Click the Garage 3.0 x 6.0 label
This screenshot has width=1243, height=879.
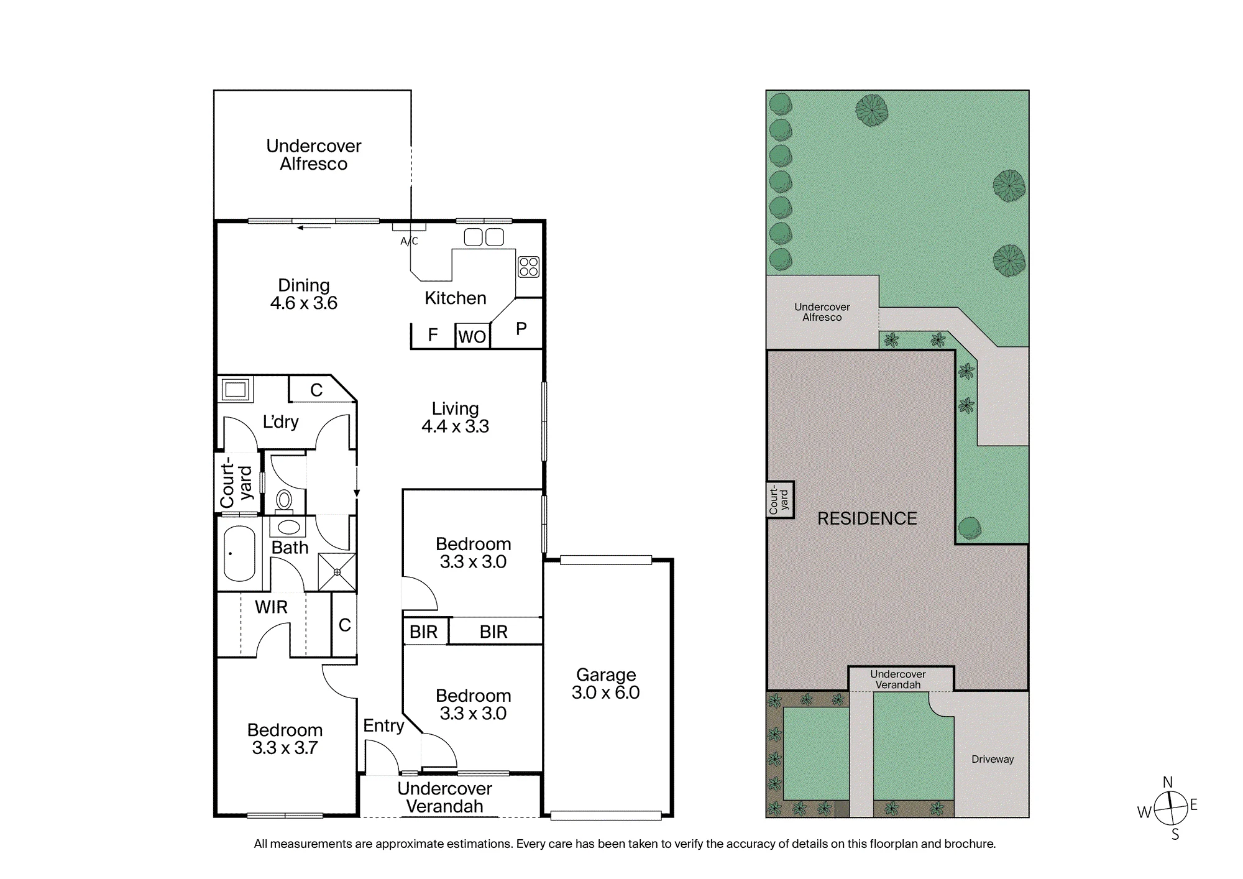pos(606,684)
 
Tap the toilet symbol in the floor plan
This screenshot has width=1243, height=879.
pos(285,500)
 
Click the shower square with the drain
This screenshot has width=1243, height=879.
pos(337,572)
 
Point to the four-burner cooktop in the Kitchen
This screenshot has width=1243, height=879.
pos(528,267)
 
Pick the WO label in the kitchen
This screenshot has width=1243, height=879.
pos(472,337)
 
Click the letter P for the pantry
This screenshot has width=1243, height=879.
pos(521,329)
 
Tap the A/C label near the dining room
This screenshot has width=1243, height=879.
pos(409,241)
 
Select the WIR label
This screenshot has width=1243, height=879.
pos(271,607)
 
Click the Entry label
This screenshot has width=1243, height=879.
pos(383,725)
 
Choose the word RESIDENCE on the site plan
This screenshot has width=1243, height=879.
pos(867,518)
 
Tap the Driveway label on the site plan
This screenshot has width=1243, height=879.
pos(993,759)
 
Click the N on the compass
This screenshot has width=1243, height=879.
pos(1168,782)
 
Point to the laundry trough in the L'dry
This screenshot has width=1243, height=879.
pos(236,390)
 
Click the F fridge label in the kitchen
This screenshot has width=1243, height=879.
pos(433,335)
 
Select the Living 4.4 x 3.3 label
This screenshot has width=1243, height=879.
pos(455,417)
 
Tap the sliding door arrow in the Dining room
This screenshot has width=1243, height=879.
pos(314,228)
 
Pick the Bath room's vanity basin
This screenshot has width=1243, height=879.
pos(288,528)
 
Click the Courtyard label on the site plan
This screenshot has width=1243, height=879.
pos(779,500)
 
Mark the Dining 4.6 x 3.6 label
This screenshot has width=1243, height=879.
pos(304,294)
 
